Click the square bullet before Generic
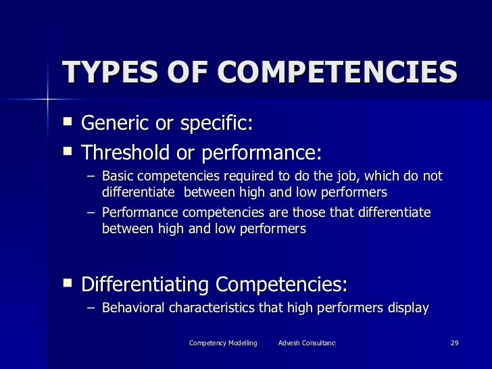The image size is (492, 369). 66,124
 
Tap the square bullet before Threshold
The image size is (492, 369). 66,152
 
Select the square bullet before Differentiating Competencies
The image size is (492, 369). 66,282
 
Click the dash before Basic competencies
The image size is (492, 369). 91,178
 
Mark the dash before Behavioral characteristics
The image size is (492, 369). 91,309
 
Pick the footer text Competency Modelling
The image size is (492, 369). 223,344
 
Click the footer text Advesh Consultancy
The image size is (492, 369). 307,344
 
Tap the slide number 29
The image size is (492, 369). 454,344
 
